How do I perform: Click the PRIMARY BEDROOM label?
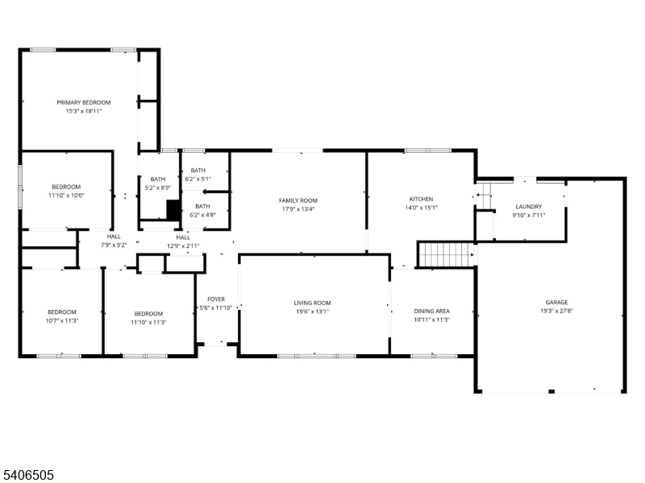point(83,102)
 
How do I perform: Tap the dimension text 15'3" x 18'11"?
point(83,111)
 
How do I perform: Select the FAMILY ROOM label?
point(298,200)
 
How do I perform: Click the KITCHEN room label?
point(421,199)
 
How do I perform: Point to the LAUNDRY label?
point(528,207)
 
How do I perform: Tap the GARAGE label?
point(556,303)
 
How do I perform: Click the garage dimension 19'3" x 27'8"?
point(556,312)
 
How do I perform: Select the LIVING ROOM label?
point(313,303)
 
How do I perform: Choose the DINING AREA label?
point(431,311)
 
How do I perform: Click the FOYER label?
point(215,299)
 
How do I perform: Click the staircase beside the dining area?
point(444,254)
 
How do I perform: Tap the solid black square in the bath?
point(173,209)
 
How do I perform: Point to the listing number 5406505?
point(28,475)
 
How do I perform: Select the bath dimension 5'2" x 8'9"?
point(158,188)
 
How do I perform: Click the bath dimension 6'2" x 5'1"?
point(198,179)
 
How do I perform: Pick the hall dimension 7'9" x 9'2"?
point(114,245)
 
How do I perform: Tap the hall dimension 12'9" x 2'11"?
point(183,246)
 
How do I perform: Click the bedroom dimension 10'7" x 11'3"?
point(61,320)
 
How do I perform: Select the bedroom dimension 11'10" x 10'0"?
point(67,195)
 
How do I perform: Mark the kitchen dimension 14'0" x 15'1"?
point(421,208)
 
